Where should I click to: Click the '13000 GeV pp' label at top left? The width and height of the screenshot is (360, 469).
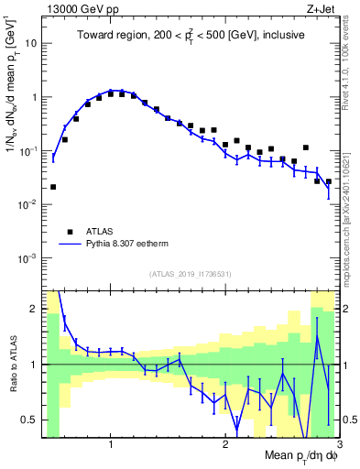(78, 9)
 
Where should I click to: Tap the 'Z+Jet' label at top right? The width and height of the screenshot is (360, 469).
(320, 9)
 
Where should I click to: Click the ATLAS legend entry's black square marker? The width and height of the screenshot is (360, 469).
(70, 232)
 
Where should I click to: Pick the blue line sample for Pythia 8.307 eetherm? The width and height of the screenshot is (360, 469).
(70, 245)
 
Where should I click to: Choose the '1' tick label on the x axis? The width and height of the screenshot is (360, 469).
(110, 445)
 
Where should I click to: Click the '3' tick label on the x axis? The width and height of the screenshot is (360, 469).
(338, 445)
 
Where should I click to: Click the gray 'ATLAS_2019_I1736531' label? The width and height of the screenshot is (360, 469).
(190, 274)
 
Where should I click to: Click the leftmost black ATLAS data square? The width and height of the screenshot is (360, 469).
(53, 187)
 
